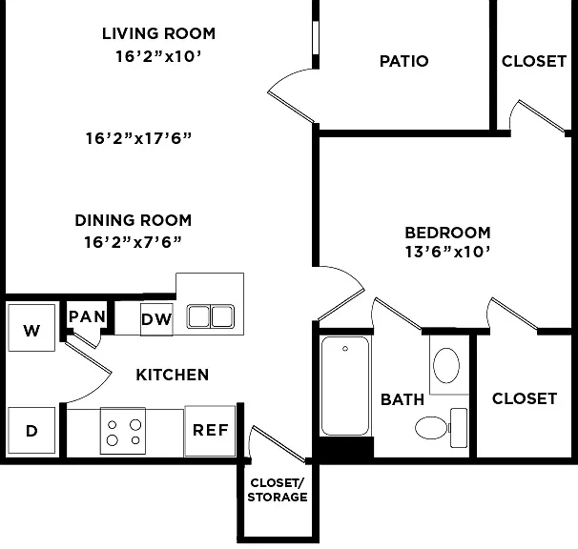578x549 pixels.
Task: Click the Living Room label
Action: point(158,34)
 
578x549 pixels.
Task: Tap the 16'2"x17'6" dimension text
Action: point(138,138)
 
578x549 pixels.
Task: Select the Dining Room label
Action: point(134,220)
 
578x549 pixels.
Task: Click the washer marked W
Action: point(31,328)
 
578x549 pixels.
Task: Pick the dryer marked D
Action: point(31,430)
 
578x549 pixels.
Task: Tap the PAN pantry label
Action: point(88,316)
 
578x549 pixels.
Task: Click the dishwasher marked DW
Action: point(156,319)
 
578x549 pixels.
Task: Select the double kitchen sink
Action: point(210,316)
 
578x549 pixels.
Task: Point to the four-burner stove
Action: point(123,431)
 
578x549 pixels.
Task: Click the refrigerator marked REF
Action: point(210,431)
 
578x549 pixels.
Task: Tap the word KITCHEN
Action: point(172,375)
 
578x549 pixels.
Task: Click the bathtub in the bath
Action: point(345,386)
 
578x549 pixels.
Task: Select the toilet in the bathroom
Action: point(442,428)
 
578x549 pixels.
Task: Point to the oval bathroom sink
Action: point(446,365)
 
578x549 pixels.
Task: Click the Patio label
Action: point(404,61)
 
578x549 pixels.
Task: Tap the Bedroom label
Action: point(448,233)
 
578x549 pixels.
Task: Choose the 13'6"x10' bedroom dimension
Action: point(448,252)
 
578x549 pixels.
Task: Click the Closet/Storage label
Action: point(278,490)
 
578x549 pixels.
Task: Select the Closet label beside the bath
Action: point(525,398)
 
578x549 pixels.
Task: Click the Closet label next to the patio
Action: point(534,61)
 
